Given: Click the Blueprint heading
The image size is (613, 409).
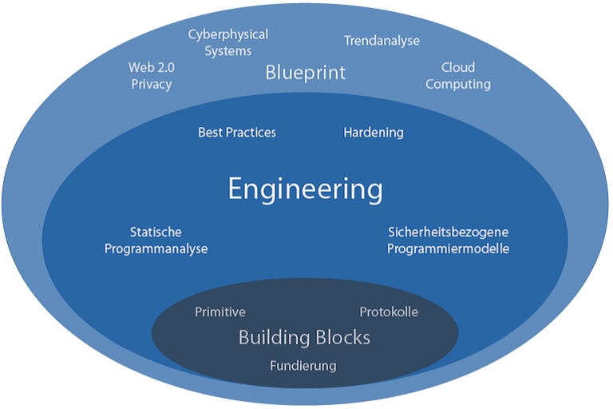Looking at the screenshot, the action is (306, 73).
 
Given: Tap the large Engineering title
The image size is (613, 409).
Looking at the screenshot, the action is (306, 189).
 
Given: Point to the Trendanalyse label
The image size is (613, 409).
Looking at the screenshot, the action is (382, 41).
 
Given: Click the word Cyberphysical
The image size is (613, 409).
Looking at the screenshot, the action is (228, 35).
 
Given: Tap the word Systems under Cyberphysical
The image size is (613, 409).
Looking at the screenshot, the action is (228, 51).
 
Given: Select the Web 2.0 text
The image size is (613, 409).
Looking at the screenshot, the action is (152, 67).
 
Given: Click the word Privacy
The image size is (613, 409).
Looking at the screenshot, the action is (152, 84).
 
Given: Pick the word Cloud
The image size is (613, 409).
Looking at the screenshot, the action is (458, 67).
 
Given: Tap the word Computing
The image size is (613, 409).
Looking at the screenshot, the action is (458, 84).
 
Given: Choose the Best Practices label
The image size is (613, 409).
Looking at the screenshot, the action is (237, 133).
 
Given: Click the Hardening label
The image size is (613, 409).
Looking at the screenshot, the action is (374, 133).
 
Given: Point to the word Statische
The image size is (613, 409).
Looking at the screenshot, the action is (156, 232).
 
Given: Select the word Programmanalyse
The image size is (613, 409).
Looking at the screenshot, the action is (156, 249).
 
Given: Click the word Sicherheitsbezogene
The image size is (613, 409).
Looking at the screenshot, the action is (448, 232).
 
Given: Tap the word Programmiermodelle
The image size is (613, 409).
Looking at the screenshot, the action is (448, 249).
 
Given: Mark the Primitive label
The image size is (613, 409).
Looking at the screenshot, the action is (220, 312).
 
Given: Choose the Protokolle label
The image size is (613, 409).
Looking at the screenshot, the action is (389, 312).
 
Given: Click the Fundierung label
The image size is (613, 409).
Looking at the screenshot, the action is (303, 366).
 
